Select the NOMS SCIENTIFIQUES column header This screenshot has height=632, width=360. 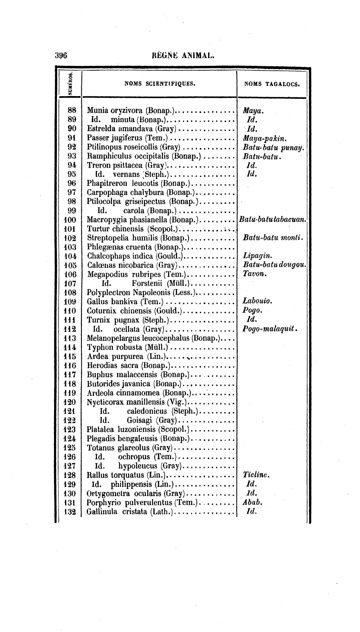(x=160, y=85)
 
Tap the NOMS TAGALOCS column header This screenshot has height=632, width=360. (x=272, y=85)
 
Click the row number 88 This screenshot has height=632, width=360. (x=72, y=110)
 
